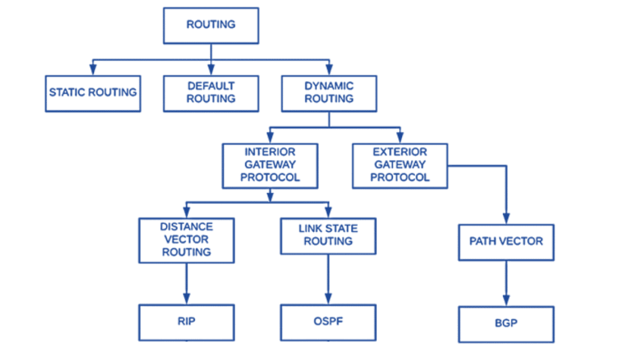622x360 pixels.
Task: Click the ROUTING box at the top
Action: [211, 25]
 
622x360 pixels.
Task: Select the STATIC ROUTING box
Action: [93, 93]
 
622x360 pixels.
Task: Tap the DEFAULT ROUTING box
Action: [211, 93]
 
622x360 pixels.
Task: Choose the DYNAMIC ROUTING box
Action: [329, 93]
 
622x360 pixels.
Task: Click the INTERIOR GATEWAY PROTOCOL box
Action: [270, 165]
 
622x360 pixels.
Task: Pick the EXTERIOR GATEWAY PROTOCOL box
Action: [400, 165]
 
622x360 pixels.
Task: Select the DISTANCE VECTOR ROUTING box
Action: [186, 240]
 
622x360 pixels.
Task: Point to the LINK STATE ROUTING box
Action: [328, 236]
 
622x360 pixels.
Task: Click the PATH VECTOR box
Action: [506, 242]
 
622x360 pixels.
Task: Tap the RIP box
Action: [186, 322]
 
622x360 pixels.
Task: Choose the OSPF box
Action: [328, 322]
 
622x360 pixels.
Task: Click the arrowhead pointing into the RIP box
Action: [186, 300]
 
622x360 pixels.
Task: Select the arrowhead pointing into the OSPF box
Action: [328, 300]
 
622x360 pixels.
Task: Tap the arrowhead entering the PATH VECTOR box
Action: [506, 219]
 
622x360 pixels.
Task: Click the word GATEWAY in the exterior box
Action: [400, 165]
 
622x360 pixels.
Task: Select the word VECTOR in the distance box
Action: [186, 240]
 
